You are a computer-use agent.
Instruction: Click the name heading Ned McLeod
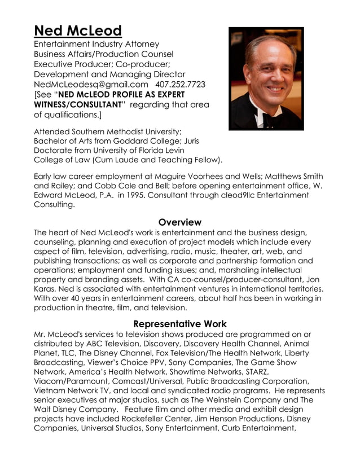(78, 30)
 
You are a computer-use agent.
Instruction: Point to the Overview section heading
(179, 222)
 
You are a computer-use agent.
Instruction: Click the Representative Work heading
(179, 324)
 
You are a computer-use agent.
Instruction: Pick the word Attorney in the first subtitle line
(139, 43)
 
